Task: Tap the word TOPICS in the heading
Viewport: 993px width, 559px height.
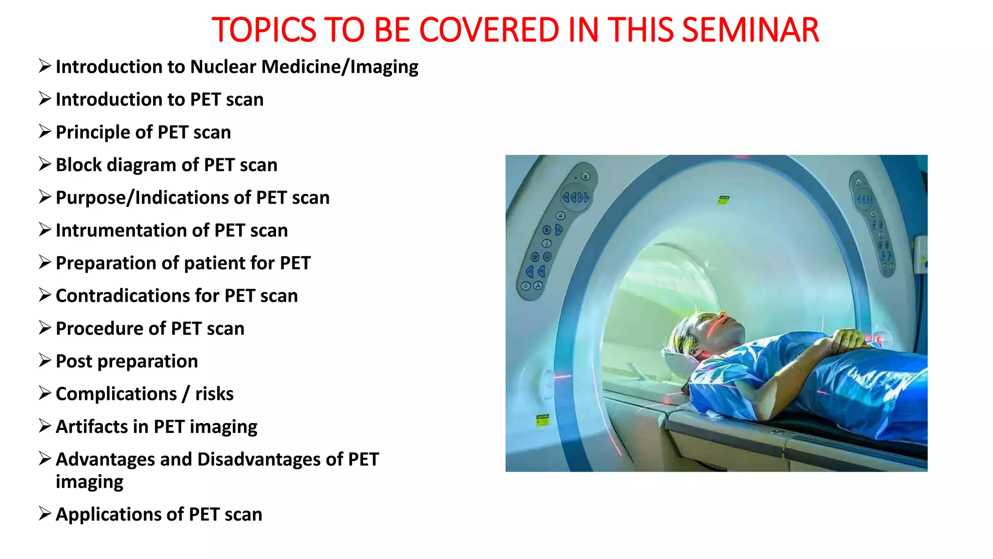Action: coord(264,30)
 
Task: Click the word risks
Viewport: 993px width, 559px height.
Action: coord(214,394)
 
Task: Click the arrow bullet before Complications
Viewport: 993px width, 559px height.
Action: coord(45,393)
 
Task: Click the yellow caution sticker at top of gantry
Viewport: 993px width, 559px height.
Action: coord(723,199)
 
